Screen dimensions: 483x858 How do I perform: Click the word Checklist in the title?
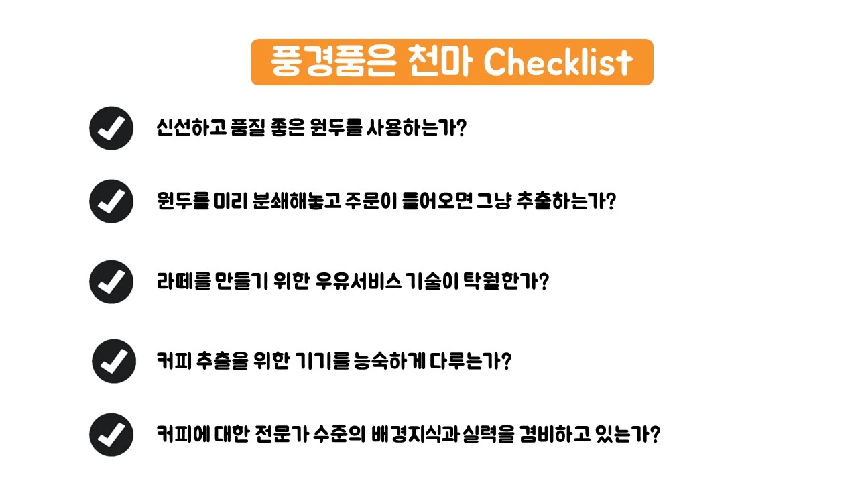click(x=558, y=62)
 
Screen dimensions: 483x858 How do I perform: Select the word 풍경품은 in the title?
click(x=332, y=62)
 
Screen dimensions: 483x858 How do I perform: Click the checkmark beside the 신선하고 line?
click(x=111, y=128)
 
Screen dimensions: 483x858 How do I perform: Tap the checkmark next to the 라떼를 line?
click(x=111, y=282)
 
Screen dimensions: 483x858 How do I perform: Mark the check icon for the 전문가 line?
click(x=111, y=435)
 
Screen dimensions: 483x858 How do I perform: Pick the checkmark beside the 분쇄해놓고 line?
click(x=111, y=201)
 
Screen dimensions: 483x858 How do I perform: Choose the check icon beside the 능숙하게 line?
click(x=113, y=361)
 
